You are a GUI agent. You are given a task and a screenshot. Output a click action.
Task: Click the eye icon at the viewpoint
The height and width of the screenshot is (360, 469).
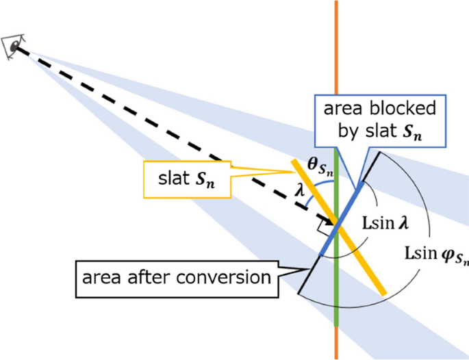point(13,47)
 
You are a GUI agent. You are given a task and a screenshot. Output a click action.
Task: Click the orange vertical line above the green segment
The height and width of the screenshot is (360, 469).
point(336,68)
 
